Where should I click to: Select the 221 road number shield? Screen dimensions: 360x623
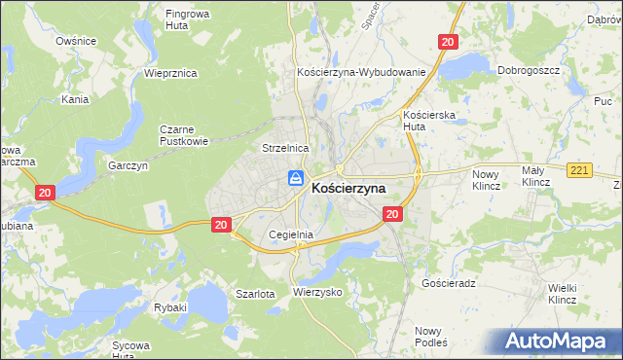point(580,171)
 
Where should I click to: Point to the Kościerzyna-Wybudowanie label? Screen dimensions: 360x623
point(361,73)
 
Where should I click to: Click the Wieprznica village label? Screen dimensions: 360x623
point(170,73)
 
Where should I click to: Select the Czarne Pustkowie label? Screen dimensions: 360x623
point(185,133)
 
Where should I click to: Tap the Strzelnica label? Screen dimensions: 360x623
point(285,147)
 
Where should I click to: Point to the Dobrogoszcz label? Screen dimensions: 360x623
point(526,70)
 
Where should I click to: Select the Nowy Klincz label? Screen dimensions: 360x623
point(485,179)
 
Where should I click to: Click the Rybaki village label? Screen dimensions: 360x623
point(169,306)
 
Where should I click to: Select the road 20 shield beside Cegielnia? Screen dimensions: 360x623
point(221,225)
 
